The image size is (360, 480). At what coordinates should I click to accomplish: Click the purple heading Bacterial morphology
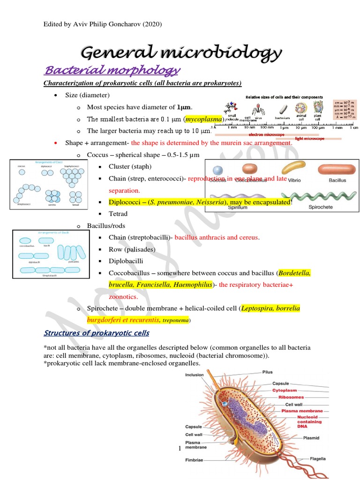(x=112, y=71)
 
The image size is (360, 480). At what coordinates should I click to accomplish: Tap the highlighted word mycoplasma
(x=202, y=119)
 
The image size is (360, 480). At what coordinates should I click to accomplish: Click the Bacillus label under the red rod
(x=337, y=180)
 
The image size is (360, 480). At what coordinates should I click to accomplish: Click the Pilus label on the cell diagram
(x=267, y=373)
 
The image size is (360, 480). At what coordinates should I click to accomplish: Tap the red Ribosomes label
(x=291, y=397)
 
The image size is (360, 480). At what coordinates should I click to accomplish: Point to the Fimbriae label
(x=194, y=461)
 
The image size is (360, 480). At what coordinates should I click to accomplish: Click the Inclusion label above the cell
(x=195, y=375)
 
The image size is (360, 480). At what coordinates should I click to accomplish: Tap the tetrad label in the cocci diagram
(x=76, y=205)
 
